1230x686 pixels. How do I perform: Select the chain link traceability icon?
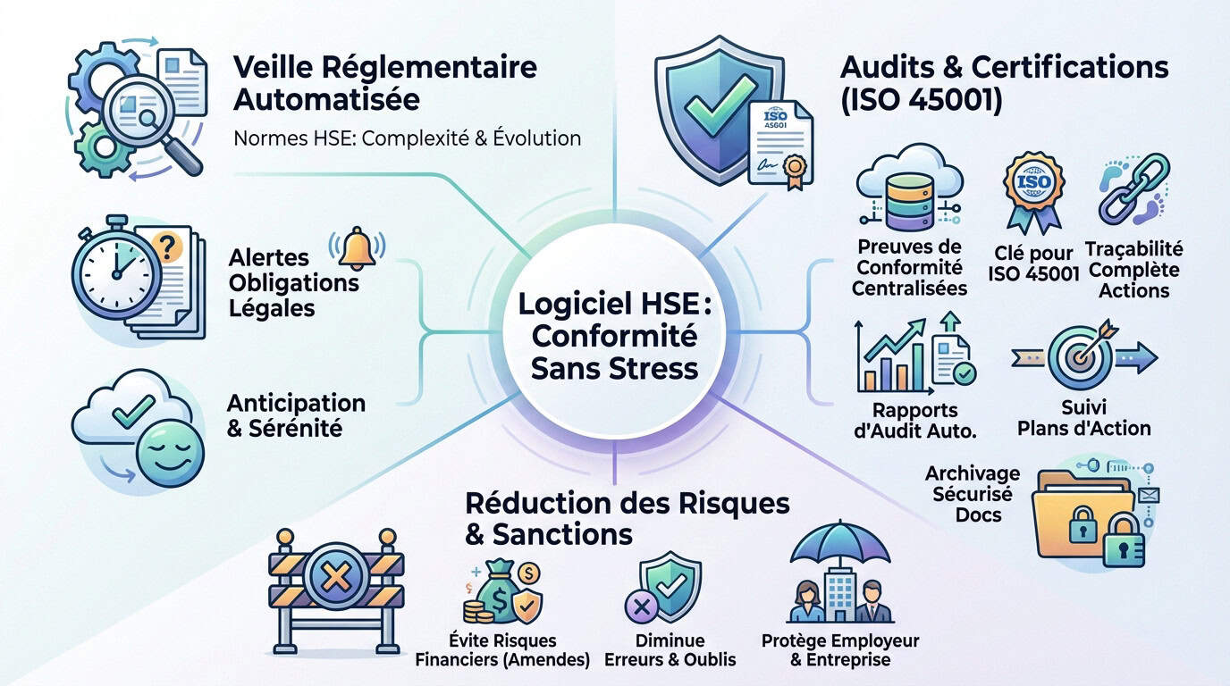point(1133,188)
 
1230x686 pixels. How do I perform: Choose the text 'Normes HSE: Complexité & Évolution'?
point(407,138)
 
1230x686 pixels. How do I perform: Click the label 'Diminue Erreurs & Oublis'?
point(670,650)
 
